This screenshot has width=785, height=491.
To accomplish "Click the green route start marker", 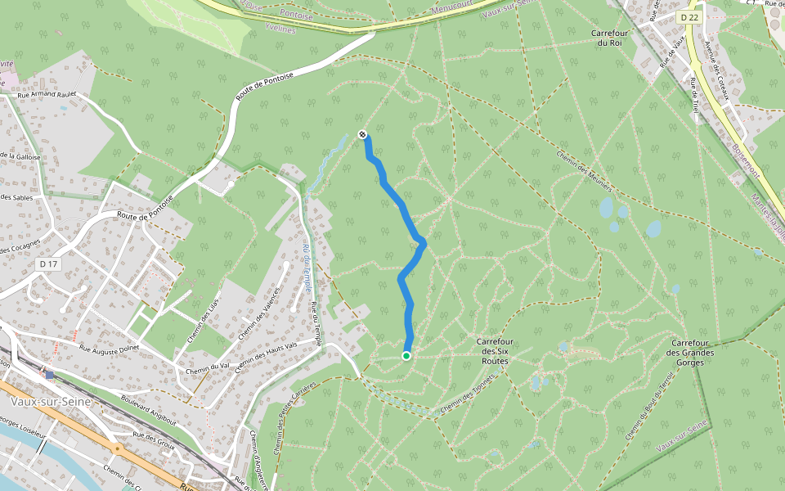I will click(x=406, y=355).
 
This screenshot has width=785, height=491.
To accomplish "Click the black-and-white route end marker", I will click(x=362, y=135).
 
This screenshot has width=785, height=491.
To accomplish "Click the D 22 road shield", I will click(x=689, y=16).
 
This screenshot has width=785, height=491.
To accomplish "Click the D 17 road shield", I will click(x=48, y=264).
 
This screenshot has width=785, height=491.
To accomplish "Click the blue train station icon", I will click(x=50, y=374).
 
